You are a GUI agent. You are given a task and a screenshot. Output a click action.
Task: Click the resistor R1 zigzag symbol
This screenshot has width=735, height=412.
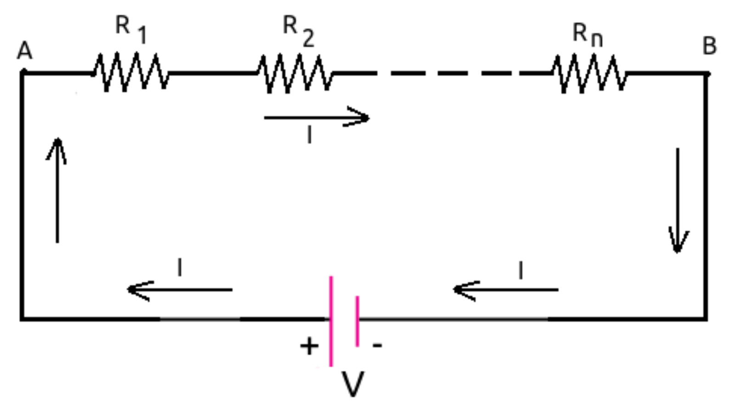(131, 73)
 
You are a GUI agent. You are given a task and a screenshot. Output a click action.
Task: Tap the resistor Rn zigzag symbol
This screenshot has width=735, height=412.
(589, 73)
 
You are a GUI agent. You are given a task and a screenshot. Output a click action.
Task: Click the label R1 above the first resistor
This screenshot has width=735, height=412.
(131, 29)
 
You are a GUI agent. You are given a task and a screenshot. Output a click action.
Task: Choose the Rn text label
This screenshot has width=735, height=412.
(588, 35)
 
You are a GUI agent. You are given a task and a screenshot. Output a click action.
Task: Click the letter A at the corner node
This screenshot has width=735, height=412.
(25, 51)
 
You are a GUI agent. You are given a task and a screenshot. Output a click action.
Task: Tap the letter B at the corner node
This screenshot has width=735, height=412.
(709, 46)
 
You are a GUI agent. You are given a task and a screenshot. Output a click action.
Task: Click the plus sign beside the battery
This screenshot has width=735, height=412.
(309, 346)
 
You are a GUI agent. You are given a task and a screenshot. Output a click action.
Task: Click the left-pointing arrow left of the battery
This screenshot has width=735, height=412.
(180, 290)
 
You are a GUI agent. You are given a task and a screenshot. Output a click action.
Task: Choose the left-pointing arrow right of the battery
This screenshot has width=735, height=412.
(506, 290)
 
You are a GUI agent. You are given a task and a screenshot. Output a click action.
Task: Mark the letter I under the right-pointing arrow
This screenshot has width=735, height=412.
(310, 135)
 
